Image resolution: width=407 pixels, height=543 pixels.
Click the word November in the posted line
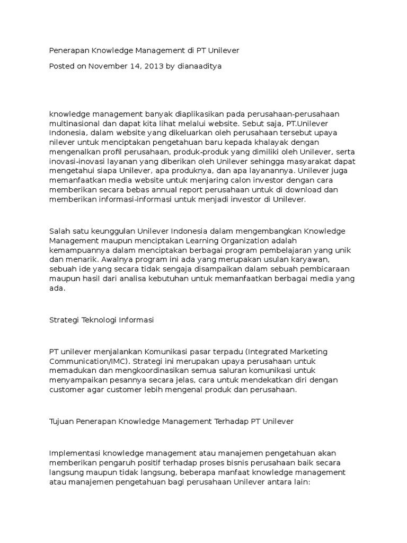pos(108,66)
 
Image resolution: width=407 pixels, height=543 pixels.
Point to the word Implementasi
pos(74,454)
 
